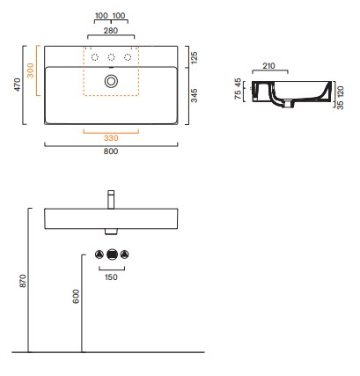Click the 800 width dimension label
pos(111,151)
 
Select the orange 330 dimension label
pos(111,138)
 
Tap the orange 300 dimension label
pos(30,70)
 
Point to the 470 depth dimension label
pos(18,85)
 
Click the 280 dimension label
pos(111,31)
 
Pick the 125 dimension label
pos(195,57)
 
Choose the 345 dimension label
pos(195,96)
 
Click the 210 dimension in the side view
pos(268,66)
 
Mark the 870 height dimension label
pos(23,281)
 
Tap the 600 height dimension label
pos(76,297)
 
